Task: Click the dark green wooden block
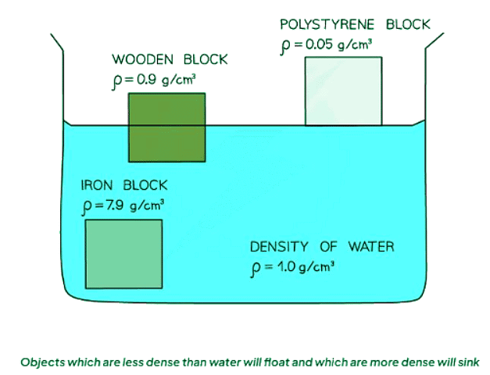167,127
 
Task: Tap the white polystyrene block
344,91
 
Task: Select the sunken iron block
123,255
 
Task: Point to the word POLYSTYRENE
329,24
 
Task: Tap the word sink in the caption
465,362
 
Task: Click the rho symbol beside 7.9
87,207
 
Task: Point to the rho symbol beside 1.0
255,269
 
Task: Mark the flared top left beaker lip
56,42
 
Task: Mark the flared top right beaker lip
435,42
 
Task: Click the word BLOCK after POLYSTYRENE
408,24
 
